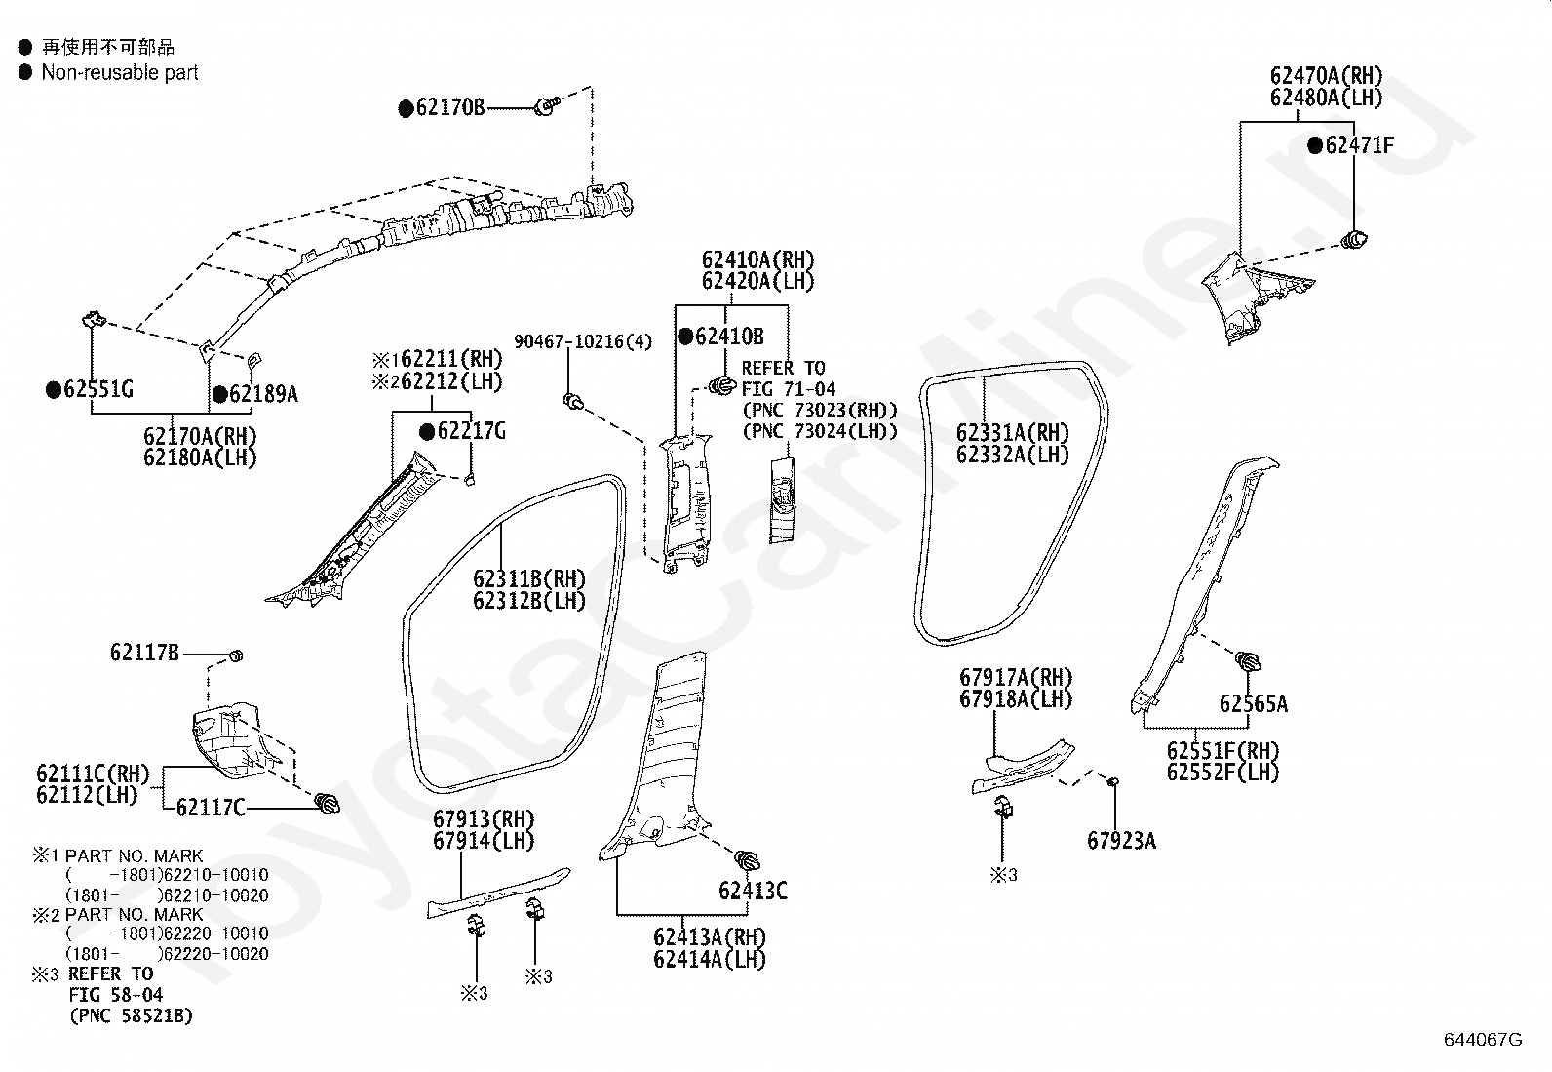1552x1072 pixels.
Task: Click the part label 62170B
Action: pos(450,108)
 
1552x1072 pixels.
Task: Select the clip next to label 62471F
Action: pos(1354,240)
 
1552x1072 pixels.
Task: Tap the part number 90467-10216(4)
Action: pos(583,341)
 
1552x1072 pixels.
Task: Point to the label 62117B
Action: pos(145,653)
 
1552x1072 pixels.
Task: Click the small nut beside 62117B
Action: pos(236,655)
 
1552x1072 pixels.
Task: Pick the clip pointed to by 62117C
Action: pos(327,804)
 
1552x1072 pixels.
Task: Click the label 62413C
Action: pos(754,891)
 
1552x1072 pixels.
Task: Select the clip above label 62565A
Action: pos(1248,660)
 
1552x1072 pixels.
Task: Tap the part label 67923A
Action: pos(1122,841)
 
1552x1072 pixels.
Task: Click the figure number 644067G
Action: pos(1483,1040)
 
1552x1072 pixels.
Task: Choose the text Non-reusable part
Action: pos(120,72)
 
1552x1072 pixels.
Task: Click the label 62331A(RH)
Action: pos(1013,433)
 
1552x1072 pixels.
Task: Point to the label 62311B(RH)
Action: pos(529,578)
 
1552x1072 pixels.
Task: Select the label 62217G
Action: pos(472,431)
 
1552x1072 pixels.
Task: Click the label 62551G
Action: pos(98,390)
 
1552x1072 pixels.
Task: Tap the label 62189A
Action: pos(264,394)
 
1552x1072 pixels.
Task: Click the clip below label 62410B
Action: pos(722,385)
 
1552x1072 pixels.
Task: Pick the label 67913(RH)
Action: pos(485,819)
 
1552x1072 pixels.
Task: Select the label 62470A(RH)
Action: pos(1326,75)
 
